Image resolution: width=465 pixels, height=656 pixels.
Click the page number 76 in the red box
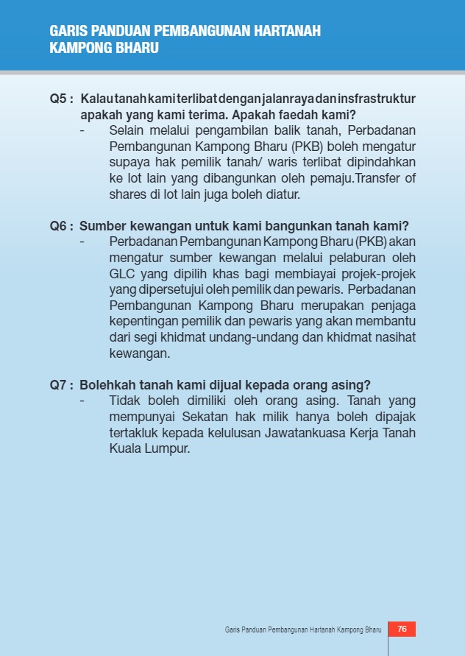pyautogui.click(x=402, y=629)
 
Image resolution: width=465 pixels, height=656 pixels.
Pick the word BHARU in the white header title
pyautogui.click(x=137, y=48)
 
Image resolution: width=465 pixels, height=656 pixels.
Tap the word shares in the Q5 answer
pyautogui.click(x=127, y=195)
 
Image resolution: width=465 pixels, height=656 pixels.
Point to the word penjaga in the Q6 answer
pyautogui.click(x=388, y=306)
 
